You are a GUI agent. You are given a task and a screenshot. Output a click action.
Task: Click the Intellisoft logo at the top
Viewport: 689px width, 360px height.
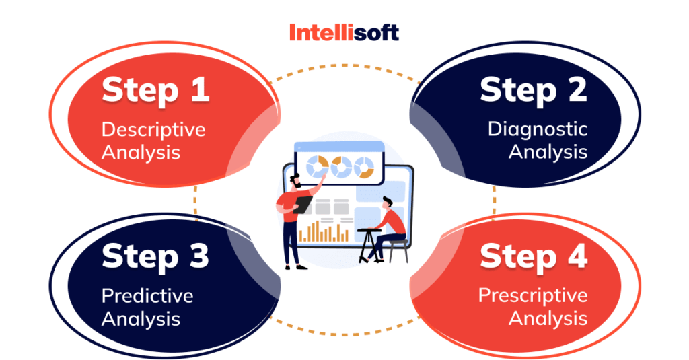344,32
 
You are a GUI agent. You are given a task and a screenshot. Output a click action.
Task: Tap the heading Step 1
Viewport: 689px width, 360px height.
155,91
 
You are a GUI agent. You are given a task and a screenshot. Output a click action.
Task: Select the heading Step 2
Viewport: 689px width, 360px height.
534,91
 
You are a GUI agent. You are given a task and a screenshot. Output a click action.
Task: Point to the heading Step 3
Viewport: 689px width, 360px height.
155,256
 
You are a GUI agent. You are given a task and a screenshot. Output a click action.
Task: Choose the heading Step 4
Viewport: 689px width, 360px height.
534,256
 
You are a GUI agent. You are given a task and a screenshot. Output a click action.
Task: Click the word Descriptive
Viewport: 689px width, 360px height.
153,129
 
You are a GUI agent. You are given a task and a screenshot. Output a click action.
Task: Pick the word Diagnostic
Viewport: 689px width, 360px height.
538,129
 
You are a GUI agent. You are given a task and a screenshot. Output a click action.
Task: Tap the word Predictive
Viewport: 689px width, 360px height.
147,295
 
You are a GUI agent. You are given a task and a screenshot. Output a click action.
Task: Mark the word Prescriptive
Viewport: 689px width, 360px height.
533,295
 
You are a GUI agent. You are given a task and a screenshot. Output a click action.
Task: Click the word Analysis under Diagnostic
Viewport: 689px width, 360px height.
548,152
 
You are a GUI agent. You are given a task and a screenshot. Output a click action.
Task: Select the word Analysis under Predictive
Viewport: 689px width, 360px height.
141,318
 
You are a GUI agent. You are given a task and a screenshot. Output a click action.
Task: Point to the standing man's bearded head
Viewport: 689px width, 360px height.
296,182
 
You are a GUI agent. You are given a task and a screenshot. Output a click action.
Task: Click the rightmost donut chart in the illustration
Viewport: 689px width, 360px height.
364,167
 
